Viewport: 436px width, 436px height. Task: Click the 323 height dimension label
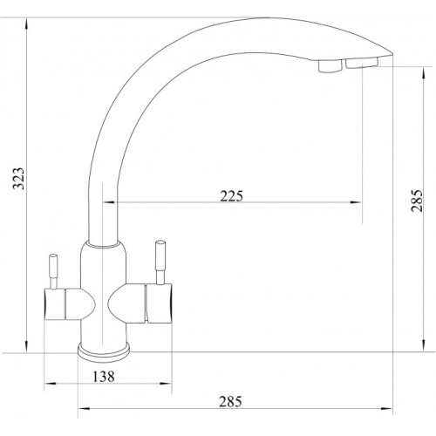(19, 178)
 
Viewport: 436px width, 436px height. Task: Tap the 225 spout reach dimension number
(231, 196)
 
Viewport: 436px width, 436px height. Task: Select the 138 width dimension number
(104, 377)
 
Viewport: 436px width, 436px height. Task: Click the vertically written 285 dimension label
(417, 201)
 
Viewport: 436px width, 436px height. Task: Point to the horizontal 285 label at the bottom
(230, 401)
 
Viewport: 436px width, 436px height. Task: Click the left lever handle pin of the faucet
(53, 271)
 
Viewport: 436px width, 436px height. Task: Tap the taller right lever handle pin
(160, 262)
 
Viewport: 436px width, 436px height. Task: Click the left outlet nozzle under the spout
(330, 66)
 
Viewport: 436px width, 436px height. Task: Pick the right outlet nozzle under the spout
(362, 63)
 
